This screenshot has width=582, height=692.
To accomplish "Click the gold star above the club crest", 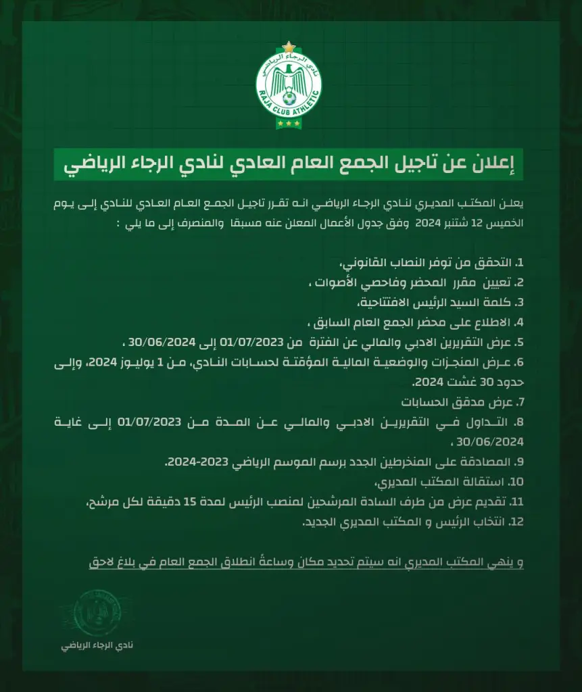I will (291, 46).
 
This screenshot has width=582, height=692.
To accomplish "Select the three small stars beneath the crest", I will (291, 124).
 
